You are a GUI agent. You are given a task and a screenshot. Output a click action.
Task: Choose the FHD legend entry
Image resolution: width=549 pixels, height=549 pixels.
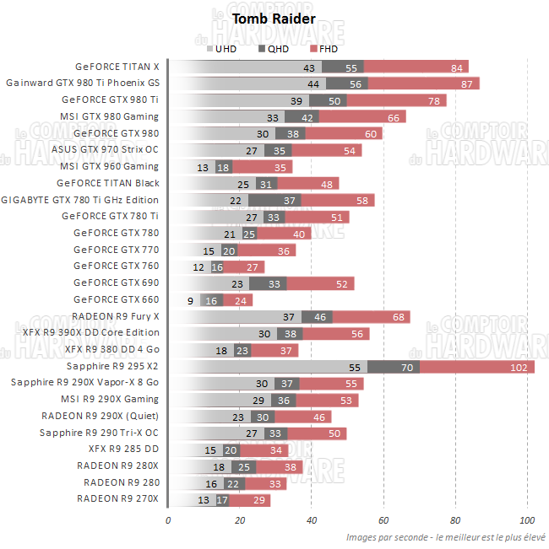(323, 49)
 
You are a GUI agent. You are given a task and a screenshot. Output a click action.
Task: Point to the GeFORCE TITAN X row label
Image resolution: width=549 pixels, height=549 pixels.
(117, 67)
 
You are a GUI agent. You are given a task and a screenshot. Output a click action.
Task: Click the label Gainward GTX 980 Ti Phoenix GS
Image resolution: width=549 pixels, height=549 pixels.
(82, 83)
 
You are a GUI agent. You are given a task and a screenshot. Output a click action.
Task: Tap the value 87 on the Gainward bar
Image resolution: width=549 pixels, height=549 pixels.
(466, 83)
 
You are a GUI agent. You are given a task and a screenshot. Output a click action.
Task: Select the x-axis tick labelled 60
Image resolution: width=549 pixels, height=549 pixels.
(383, 519)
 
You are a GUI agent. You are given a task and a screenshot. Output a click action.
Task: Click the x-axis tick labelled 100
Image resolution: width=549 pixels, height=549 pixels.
(527, 519)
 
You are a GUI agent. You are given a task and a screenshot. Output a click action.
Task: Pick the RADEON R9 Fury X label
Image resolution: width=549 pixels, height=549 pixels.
(115, 316)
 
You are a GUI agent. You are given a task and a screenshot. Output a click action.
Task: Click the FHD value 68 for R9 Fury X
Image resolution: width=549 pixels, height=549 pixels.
(398, 317)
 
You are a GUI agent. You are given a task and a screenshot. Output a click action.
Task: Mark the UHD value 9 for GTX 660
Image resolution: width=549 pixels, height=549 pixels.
(190, 300)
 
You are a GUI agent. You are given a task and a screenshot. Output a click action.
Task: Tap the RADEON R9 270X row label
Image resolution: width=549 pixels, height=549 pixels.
(117, 499)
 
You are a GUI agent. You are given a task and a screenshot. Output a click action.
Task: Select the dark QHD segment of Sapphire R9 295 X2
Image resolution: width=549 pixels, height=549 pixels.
(394, 367)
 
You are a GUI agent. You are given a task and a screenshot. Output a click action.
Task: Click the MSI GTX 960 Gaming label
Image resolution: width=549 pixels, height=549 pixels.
(109, 166)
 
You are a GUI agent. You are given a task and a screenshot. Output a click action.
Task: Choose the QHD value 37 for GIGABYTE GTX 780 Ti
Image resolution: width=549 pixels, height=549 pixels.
(290, 200)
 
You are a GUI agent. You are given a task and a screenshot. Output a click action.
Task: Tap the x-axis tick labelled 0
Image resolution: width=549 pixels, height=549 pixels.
(168, 519)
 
